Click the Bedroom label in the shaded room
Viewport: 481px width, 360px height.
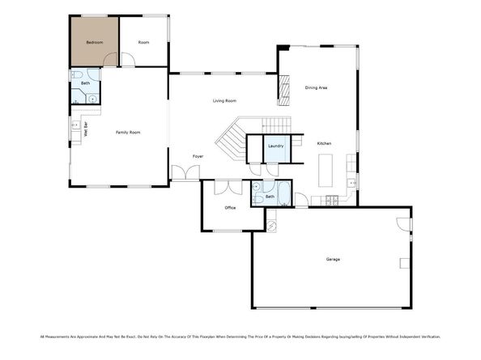tap(94, 41)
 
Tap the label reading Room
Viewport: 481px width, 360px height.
tap(143, 41)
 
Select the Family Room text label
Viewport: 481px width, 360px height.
tap(128, 132)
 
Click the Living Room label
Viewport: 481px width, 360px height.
tap(224, 100)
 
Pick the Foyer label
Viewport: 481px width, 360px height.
tap(198, 155)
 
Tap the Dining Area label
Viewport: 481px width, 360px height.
tap(316, 87)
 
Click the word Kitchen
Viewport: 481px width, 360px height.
tap(324, 143)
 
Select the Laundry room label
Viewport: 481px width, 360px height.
tap(275, 146)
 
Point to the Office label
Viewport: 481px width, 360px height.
tap(230, 208)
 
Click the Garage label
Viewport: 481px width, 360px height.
tap(333, 259)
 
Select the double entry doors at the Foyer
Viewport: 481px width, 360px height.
tap(185, 172)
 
